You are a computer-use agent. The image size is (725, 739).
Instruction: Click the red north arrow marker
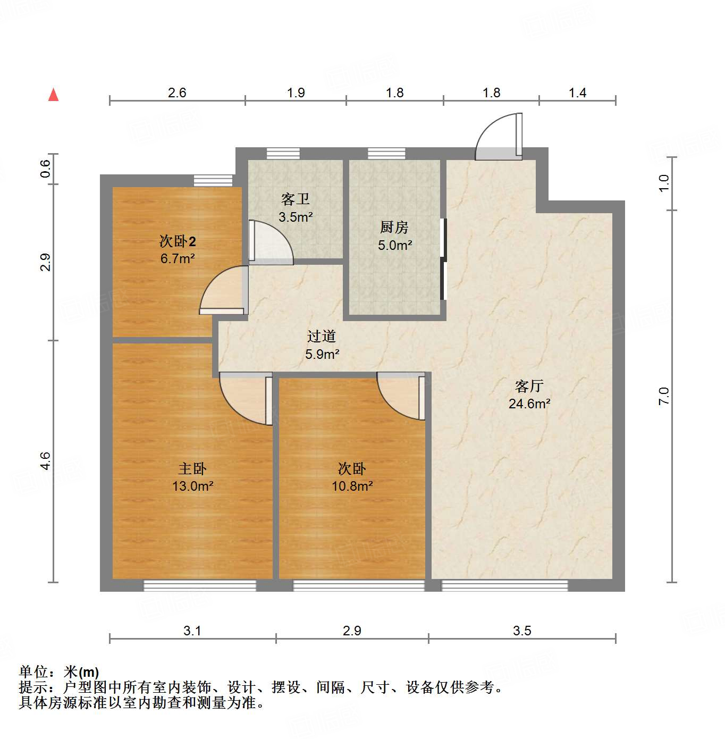pos(53,95)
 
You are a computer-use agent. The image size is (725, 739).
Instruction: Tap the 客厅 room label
pos(529,386)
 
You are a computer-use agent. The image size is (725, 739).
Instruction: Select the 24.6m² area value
pos(529,404)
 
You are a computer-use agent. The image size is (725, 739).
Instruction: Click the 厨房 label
pos(394,228)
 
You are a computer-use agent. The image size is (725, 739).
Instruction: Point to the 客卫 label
pos(296,199)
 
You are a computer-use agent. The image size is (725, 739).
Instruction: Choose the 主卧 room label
pos(192,468)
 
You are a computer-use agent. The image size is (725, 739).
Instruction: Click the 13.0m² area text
pos(192,486)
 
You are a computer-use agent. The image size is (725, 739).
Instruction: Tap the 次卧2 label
pos(178,241)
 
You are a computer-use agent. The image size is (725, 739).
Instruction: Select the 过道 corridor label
pos(322,336)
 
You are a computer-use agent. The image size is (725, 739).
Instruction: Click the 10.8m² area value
pos(352,486)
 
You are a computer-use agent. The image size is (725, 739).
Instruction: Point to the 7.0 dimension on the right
pos(664,397)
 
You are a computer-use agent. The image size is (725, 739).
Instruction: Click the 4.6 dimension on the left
pos(45,460)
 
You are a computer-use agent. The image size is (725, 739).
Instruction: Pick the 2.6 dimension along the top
pos(177,93)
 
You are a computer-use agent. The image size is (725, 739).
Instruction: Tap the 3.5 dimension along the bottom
pos(522,631)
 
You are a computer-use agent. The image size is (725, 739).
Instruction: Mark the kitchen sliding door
pos(443,259)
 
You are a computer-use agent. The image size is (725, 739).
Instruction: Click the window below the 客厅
pos(504,585)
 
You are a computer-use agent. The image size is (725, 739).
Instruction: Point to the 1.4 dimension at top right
pos(577,93)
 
